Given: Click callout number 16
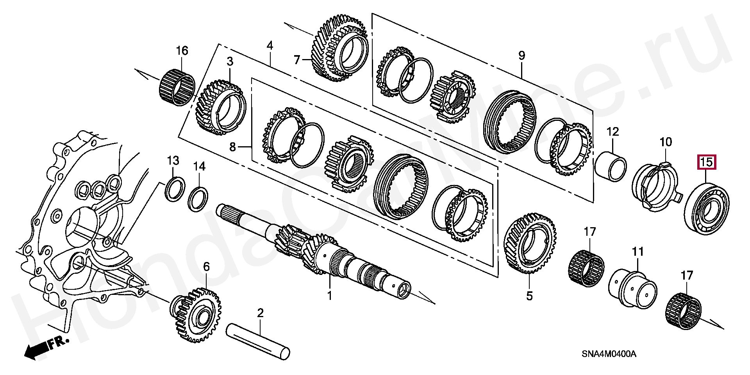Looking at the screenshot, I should [182, 51].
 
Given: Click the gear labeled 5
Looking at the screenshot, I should [530, 242].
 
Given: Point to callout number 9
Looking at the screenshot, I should [521, 56].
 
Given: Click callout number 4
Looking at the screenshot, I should [270, 46].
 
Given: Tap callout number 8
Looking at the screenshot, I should [232, 147].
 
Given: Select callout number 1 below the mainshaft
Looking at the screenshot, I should [329, 296].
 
